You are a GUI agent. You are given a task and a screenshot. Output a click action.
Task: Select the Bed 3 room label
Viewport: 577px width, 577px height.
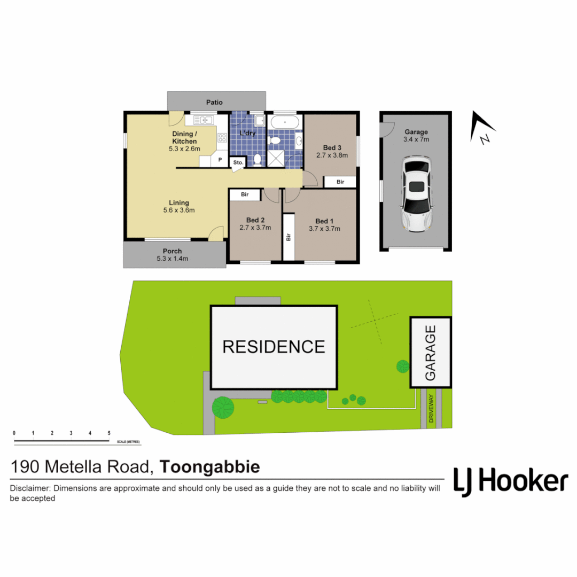click(x=332, y=147)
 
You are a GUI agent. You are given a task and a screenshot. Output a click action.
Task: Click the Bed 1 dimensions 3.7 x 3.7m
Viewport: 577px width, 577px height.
click(x=325, y=229)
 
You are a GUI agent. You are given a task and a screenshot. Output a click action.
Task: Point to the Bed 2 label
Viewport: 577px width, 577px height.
click(x=255, y=220)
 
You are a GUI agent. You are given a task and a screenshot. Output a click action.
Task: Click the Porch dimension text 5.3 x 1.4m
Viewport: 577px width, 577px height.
click(x=172, y=259)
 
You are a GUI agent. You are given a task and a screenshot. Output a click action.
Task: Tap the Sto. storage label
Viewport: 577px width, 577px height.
click(x=237, y=162)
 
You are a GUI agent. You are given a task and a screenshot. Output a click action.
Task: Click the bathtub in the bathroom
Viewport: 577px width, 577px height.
click(x=285, y=122)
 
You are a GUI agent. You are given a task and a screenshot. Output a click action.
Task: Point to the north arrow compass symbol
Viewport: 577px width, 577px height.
click(x=482, y=129)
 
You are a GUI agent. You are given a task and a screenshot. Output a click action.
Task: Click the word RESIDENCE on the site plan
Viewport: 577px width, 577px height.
click(x=274, y=347)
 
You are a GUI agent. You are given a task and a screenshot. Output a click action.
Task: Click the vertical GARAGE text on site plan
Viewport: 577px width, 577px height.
click(x=431, y=353)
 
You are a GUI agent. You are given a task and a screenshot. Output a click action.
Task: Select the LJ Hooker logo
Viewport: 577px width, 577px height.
click(x=510, y=481)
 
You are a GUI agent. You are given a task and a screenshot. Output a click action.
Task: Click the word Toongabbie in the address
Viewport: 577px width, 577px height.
click(x=210, y=467)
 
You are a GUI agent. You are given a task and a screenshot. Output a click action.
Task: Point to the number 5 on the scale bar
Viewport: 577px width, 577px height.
click(x=109, y=433)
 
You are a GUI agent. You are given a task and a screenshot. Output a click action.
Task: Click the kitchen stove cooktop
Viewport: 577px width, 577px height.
click(x=222, y=137)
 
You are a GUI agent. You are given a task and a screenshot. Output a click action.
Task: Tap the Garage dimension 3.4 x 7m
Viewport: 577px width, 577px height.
click(x=416, y=139)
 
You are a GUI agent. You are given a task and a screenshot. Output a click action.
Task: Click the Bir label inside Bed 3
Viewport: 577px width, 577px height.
click(x=340, y=182)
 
